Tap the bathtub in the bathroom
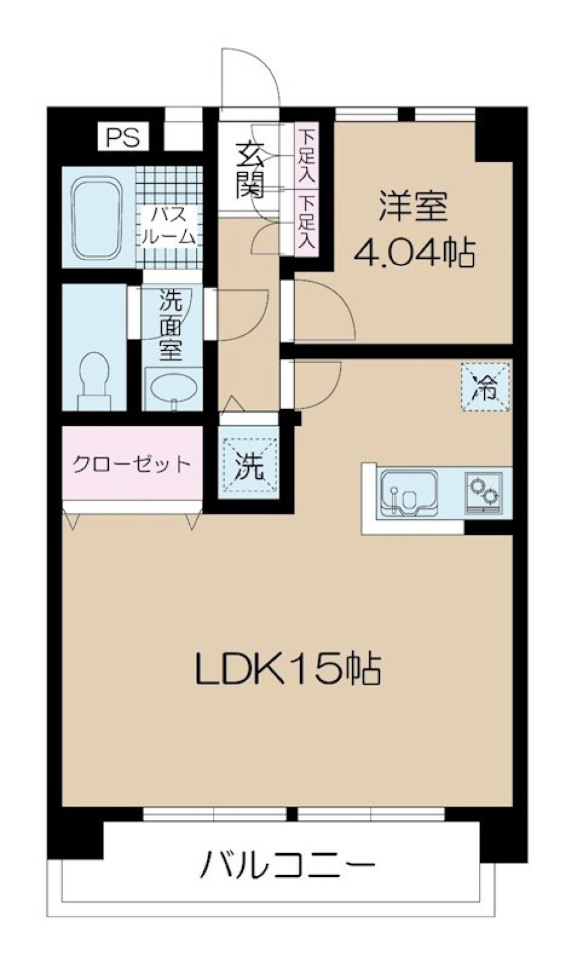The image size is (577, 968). (98, 218)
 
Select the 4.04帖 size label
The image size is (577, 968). (414, 252)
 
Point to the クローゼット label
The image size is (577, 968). (132, 464)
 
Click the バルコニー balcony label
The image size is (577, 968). (288, 866)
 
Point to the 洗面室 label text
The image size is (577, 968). (171, 324)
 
